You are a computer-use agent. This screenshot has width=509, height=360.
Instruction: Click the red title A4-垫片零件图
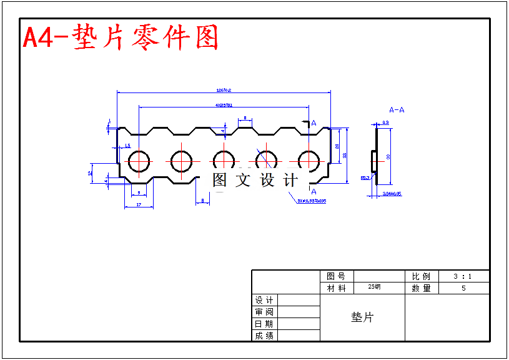pos(121,38)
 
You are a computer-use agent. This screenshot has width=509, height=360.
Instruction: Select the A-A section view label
pos(397,110)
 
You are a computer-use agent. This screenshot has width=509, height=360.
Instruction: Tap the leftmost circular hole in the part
pos(139,161)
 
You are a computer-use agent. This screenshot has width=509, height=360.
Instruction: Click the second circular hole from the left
pos(182,161)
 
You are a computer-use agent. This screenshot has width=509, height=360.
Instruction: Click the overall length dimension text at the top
pos(223,90)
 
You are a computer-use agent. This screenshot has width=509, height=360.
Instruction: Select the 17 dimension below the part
pos(138,205)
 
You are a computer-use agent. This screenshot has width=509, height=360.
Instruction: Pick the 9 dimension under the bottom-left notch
pos(138,193)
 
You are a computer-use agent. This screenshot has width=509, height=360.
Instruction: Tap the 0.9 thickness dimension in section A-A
pos(385,122)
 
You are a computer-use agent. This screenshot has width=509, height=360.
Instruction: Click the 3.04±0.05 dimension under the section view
pos(392,194)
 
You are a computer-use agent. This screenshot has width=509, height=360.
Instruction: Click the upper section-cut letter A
pos(314,123)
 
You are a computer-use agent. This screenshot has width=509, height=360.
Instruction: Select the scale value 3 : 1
pos(463,276)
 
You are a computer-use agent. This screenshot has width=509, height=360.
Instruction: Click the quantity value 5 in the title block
pos(463,288)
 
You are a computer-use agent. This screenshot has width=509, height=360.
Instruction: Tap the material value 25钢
pos(374,287)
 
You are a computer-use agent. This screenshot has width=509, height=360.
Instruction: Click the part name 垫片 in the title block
pos(362,317)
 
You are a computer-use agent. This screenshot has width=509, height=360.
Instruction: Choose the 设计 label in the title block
pos(264,301)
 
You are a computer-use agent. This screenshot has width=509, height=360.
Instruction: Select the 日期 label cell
pos(264,324)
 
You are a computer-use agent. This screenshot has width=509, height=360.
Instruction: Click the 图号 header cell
pos(336,276)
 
